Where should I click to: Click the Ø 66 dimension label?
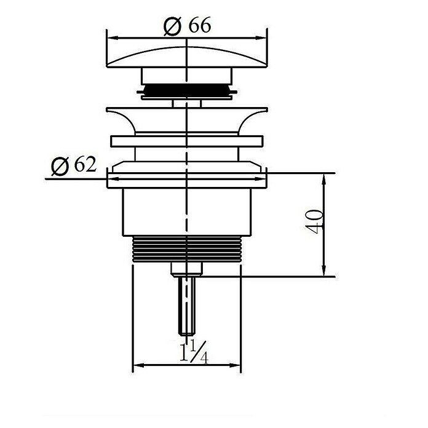[x=187, y=26]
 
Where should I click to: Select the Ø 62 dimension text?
[x=74, y=165]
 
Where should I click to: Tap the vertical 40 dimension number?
[x=314, y=221]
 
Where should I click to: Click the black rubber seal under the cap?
[x=187, y=90]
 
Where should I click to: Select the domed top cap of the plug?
[x=187, y=57]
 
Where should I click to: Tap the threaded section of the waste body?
[x=187, y=249]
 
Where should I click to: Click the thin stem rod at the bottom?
[x=187, y=306]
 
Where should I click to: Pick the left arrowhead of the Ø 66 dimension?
[x=113, y=38]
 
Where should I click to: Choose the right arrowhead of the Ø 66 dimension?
[x=261, y=38]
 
